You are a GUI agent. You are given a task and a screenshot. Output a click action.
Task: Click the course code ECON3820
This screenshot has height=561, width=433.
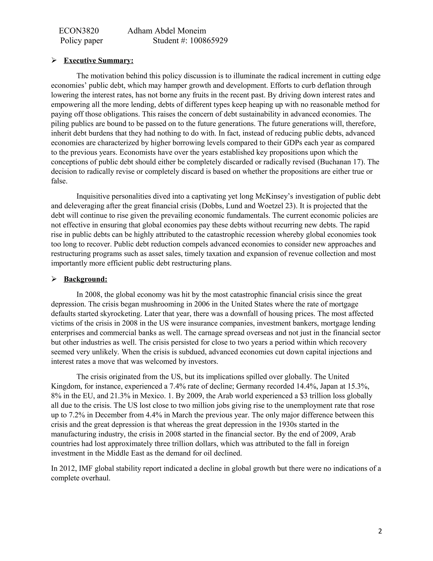pos(79,31)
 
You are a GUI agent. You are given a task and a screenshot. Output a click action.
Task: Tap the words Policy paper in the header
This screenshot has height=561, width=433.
pos(81,41)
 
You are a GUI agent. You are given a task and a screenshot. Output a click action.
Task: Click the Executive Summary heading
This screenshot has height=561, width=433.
pos(99,60)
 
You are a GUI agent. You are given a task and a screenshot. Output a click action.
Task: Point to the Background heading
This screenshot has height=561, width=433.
pos(85,279)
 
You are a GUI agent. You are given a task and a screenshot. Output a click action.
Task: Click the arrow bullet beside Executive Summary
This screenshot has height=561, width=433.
pos(54,60)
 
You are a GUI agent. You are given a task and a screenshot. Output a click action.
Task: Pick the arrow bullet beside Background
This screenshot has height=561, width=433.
pos(54,279)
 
